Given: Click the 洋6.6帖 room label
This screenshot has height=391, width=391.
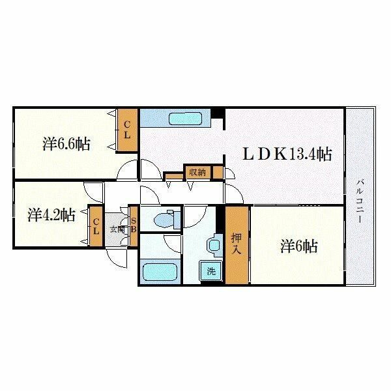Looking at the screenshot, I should click(66, 144).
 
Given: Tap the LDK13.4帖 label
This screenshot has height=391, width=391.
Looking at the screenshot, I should click(287, 154).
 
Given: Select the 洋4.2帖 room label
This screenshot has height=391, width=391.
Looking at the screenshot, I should click(51, 214).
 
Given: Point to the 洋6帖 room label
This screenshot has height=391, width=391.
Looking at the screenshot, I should click(299, 246).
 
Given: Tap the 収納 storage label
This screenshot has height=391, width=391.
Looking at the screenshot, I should click(197, 172).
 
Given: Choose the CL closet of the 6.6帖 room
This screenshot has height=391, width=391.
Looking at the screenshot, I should click(127, 130).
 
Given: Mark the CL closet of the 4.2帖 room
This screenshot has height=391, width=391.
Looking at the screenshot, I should click(96, 227).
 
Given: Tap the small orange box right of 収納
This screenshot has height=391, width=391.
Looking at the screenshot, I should click(218, 172).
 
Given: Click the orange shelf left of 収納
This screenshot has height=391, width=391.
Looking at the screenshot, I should click(173, 175).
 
